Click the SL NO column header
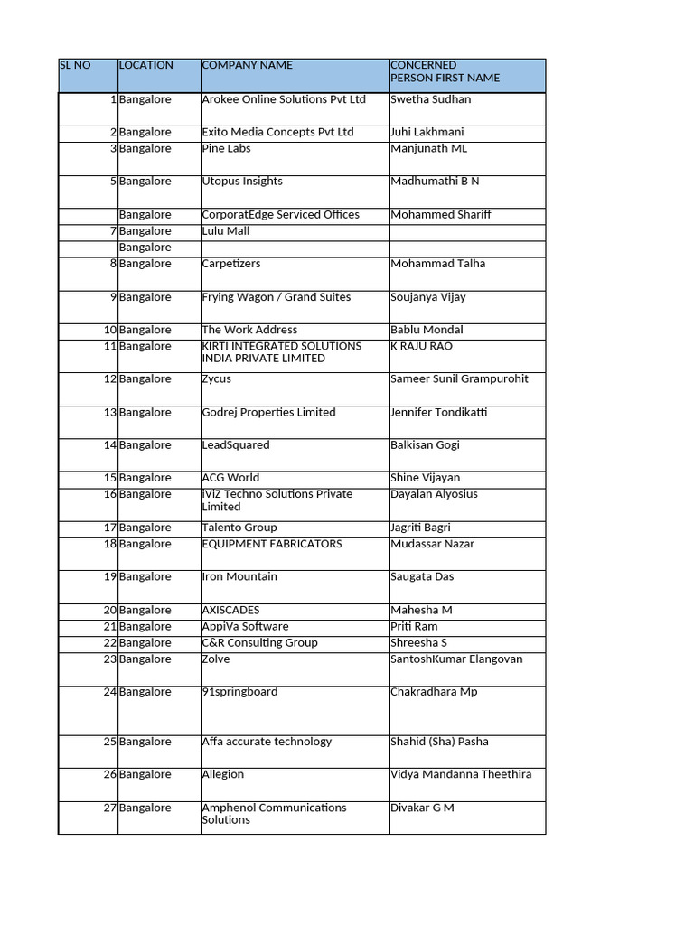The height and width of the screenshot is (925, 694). click(75, 65)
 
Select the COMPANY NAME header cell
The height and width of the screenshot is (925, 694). click(247, 65)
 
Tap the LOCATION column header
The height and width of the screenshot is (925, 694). click(145, 65)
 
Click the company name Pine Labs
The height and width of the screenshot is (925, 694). click(226, 148)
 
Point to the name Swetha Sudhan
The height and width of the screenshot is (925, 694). click(430, 99)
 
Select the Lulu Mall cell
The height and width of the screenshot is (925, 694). click(225, 231)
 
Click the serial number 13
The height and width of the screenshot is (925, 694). click(110, 413)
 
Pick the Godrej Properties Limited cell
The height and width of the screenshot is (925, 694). click(268, 413)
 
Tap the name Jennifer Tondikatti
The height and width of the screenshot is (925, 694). click(438, 413)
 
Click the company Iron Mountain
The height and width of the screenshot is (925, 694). click(239, 577)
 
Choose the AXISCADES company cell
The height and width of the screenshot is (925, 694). click(230, 611)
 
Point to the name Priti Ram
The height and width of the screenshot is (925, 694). click(414, 627)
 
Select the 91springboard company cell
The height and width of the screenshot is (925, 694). click(239, 692)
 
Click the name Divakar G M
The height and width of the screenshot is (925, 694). click(422, 808)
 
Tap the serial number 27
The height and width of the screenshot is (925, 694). click(110, 808)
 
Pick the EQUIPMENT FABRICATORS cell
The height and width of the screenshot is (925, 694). click(271, 544)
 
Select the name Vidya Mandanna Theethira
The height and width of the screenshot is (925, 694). click(461, 774)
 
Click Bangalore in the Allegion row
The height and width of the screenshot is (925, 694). click(145, 774)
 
